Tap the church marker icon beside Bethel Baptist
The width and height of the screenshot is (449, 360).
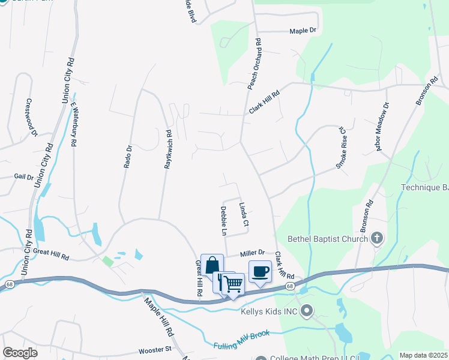[x=376, y=239]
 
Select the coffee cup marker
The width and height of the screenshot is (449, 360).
[x=260, y=272]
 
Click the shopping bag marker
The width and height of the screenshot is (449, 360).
[x=212, y=265]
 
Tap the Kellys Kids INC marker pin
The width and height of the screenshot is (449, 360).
[x=307, y=311]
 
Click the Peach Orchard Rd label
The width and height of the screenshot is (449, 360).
[x=255, y=65]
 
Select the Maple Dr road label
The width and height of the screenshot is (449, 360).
[x=303, y=31]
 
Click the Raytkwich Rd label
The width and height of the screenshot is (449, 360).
[x=169, y=149]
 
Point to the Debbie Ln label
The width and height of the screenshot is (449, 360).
[x=224, y=221]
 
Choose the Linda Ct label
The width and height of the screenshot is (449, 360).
[x=244, y=214]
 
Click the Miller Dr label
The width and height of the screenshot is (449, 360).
[x=253, y=254]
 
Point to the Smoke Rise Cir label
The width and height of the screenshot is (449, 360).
[x=342, y=147]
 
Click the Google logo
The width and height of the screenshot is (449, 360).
[x=20, y=352]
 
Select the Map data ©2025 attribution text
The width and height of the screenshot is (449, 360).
[x=424, y=355]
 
